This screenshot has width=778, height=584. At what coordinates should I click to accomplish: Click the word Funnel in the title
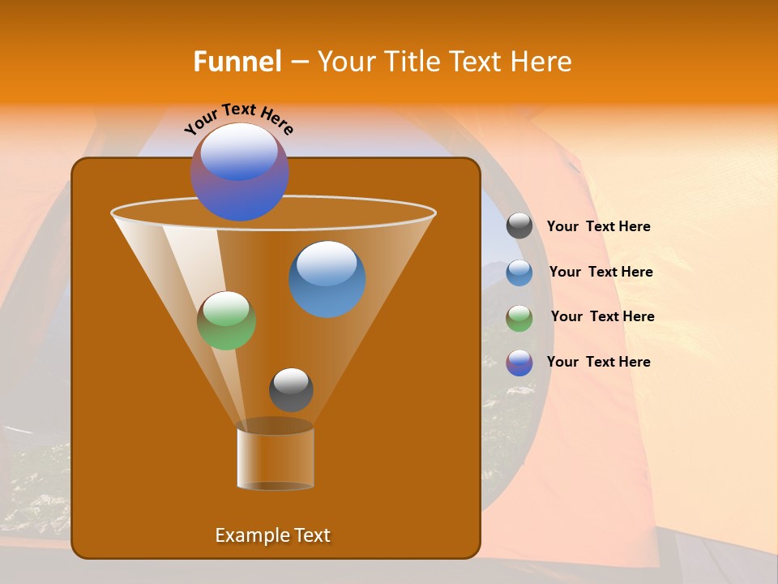point(237,62)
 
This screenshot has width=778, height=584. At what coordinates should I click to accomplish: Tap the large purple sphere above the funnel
point(240,171)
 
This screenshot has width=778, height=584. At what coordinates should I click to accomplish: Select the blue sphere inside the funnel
point(327,279)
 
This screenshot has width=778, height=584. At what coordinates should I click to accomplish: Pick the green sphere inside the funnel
point(227,321)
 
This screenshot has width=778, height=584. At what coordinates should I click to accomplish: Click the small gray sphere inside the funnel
point(291,390)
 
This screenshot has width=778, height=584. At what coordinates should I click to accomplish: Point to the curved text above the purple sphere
point(239,118)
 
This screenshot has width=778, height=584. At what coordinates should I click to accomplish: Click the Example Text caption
point(273,535)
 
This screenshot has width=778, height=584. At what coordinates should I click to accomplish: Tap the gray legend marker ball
point(519,226)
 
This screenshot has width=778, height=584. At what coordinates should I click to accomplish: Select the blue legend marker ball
point(519,273)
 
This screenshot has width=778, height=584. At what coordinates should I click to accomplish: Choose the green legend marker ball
point(519,318)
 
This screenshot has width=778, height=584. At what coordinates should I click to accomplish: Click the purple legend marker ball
point(519,363)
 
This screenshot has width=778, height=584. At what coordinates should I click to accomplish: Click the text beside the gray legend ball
point(598,227)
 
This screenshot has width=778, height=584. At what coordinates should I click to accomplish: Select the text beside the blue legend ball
point(601,273)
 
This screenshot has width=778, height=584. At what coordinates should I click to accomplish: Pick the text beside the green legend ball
point(602,317)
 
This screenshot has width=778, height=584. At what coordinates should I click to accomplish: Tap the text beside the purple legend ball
point(598,363)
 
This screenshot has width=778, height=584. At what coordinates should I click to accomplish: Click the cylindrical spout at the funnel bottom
point(276,458)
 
